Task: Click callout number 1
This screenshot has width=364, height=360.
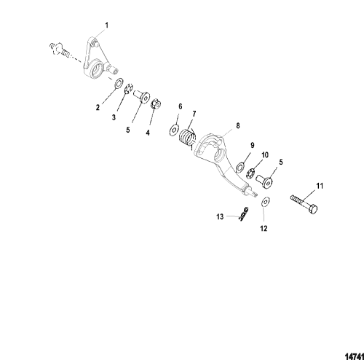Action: (106, 26)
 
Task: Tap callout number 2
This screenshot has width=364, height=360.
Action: (98, 107)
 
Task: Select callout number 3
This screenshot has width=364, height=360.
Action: (114, 117)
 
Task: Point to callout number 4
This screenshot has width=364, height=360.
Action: (148, 133)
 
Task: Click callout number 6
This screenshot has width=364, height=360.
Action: (181, 106)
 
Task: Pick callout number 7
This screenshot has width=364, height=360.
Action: (194, 114)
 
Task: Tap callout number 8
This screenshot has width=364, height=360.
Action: (238, 125)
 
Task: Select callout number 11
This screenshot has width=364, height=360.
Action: (320, 186)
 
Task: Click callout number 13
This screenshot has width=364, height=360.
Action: (220, 216)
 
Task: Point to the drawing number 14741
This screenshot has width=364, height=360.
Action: (355, 356)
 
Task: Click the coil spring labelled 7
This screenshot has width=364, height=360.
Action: (187, 138)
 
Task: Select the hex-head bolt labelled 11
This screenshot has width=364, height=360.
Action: (304, 205)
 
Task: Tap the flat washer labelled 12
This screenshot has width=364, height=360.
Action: (266, 202)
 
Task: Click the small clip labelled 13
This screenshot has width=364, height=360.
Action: (243, 214)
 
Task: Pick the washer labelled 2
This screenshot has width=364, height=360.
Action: (119, 84)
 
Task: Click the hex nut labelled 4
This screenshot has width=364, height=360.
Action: (156, 104)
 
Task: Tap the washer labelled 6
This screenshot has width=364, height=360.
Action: (174, 130)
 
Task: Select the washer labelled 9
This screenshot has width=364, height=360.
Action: (240, 168)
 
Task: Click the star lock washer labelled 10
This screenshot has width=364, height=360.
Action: (250, 173)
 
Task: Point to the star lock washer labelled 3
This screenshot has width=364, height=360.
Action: (129, 90)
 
